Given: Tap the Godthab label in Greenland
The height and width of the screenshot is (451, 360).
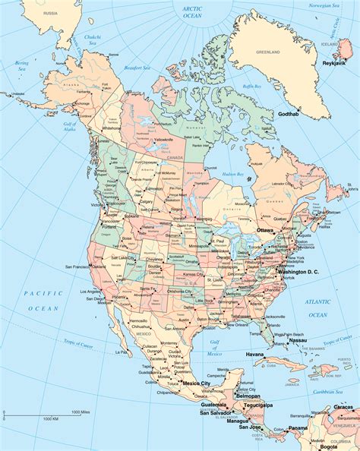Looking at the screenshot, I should [289, 114].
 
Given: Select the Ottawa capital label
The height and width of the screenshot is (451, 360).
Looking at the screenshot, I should [265, 229].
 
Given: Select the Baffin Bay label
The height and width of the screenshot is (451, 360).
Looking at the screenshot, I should [251, 87].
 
